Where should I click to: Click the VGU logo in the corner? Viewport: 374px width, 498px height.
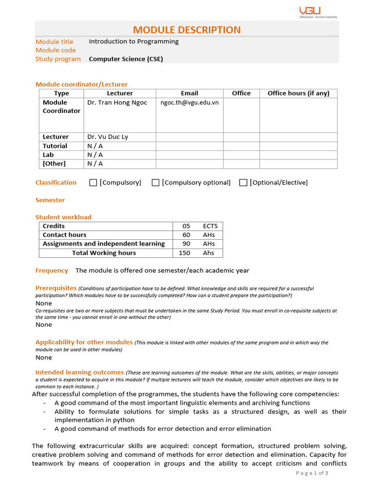pyautogui.click(x=317, y=12)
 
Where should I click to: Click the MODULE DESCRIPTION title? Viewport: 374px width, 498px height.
pyautogui.click(x=187, y=30)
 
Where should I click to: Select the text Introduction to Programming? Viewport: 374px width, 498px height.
pyautogui.click(x=133, y=42)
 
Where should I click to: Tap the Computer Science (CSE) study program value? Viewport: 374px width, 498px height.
pyautogui.click(x=126, y=59)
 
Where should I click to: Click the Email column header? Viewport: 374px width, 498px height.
pyautogui.click(x=189, y=93)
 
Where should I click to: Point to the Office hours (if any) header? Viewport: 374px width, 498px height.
pyautogui.click(x=298, y=93)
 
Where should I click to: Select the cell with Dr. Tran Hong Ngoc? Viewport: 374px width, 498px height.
pyautogui.click(x=117, y=103)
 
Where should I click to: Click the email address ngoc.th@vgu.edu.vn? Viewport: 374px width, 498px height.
pyautogui.click(x=189, y=103)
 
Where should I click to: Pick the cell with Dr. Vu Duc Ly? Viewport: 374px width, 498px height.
pyautogui.click(x=108, y=137)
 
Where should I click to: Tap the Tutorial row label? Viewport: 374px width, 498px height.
pyautogui.click(x=55, y=146)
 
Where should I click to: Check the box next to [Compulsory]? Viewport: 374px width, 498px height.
pyautogui.click(x=93, y=183)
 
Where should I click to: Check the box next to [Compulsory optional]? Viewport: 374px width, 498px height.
pyautogui.click(x=155, y=183)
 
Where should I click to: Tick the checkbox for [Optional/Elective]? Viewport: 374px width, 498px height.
pyautogui.click(x=243, y=183)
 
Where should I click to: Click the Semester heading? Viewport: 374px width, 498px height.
pyautogui.click(x=50, y=200)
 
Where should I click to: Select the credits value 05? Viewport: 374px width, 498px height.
pyautogui.click(x=186, y=226)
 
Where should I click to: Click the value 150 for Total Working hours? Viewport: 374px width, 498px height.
pyautogui.click(x=185, y=253)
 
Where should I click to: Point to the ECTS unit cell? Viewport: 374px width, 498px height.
pyautogui.click(x=210, y=226)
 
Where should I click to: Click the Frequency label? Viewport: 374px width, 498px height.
pyautogui.click(x=52, y=270)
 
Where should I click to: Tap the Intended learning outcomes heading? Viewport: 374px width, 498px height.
pyautogui.click(x=79, y=373)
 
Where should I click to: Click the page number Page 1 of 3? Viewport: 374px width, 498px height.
pyautogui.click(x=312, y=474)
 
